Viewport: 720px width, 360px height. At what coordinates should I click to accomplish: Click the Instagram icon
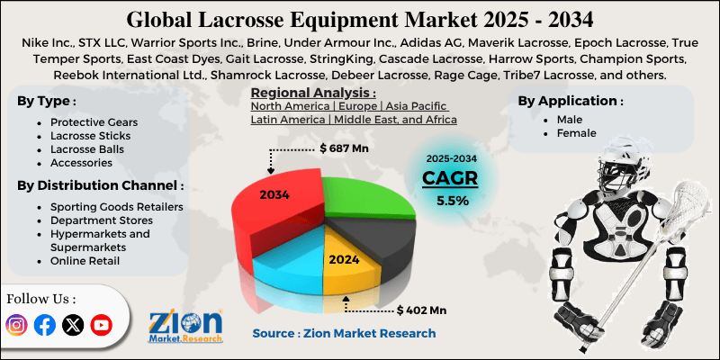(17, 325)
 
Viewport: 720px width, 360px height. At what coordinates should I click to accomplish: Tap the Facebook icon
(44, 325)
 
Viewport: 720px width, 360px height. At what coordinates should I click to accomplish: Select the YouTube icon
(101, 325)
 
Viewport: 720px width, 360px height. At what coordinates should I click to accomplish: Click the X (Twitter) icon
(73, 325)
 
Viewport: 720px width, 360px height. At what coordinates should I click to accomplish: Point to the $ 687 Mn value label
(346, 147)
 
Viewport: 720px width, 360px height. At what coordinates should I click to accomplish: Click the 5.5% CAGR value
(453, 200)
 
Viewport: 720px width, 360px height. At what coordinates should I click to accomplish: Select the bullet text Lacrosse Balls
(82, 149)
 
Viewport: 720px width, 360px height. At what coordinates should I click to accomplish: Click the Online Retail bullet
(85, 261)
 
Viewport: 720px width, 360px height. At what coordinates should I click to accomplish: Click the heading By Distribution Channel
(100, 185)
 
